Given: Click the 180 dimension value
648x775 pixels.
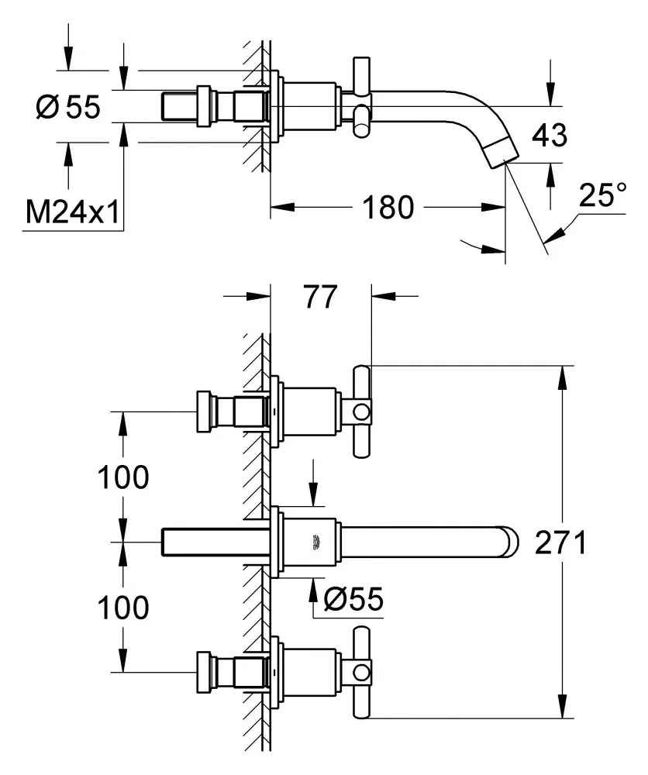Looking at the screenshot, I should point(385,208).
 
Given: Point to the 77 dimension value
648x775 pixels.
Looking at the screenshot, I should point(320,296).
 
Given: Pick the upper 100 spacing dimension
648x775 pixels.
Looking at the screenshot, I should point(122,478).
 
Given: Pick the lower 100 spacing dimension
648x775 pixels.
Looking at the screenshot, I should point(122,608).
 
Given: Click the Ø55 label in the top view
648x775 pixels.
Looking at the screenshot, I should point(68,108).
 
